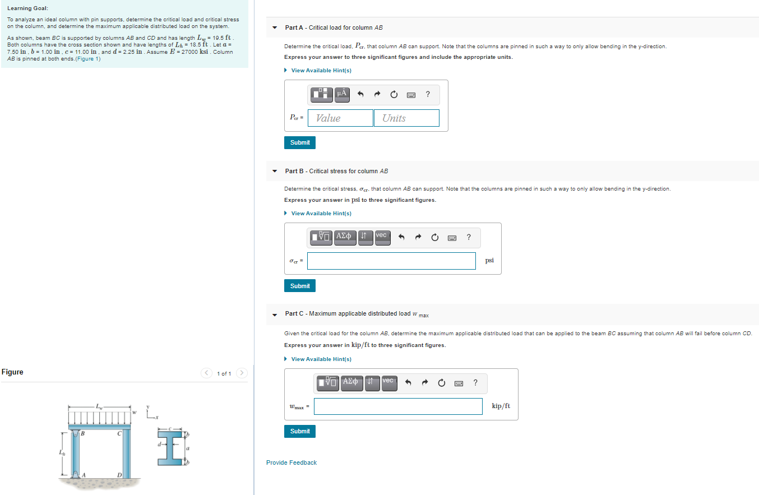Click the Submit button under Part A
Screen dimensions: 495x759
coord(300,142)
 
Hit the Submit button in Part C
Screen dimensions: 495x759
coord(300,431)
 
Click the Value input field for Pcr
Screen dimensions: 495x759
coord(340,118)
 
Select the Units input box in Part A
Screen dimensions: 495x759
coord(406,118)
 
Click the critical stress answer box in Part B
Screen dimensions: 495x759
coord(391,261)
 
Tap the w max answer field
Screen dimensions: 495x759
coord(398,406)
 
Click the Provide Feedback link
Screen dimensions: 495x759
coord(291,462)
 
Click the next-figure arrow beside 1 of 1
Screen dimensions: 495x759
coord(242,373)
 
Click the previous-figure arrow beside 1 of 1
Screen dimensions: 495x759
coord(207,373)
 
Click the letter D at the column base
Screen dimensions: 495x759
coord(119,475)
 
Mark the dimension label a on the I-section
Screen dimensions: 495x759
coord(188,448)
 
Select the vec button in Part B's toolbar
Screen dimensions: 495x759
coord(381,236)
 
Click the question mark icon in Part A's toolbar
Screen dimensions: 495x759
coord(428,94)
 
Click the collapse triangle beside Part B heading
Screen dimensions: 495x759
coord(274,171)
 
